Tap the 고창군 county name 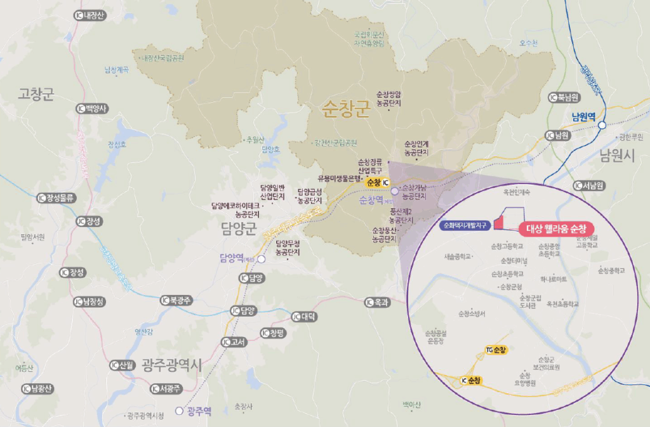37,95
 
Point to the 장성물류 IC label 57,198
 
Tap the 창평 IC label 274,333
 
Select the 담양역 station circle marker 261,259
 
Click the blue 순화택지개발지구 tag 465,225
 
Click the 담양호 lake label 270,150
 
